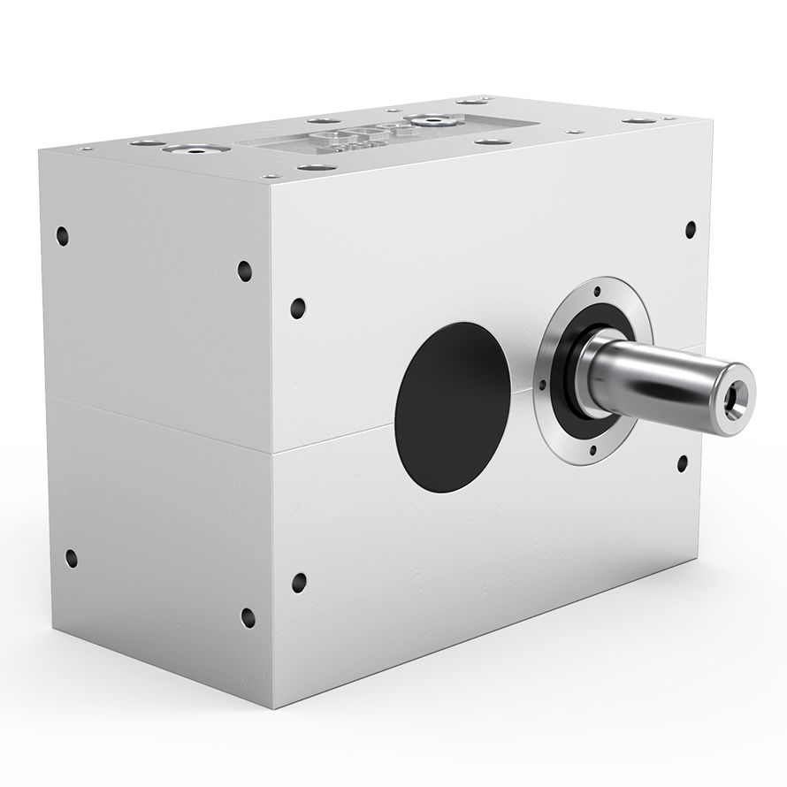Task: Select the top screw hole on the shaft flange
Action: (x=597, y=290)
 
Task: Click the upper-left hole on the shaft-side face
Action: (x=298, y=308)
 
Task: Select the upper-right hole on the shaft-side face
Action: (x=691, y=230)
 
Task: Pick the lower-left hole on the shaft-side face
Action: (x=299, y=582)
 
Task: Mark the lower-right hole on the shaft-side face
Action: (x=683, y=462)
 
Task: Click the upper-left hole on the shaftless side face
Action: (x=62, y=235)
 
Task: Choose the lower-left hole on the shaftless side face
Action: (x=71, y=558)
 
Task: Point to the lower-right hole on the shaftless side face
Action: (x=248, y=617)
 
